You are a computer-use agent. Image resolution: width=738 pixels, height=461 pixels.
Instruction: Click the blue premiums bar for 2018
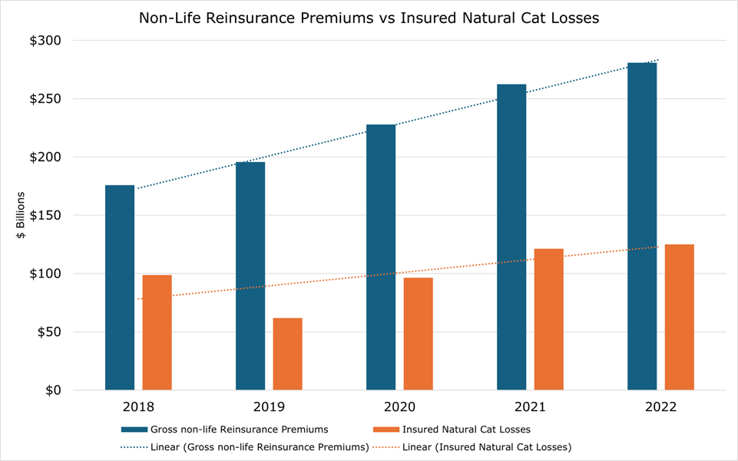pyautogui.click(x=120, y=287)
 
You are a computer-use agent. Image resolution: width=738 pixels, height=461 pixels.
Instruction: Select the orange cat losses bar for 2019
pyautogui.click(x=288, y=353)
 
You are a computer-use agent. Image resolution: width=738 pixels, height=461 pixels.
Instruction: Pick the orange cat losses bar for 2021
pyautogui.click(x=548, y=319)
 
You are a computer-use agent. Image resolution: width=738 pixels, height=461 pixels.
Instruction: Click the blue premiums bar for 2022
pyautogui.click(x=642, y=226)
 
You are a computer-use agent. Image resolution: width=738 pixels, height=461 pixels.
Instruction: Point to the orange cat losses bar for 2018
pyautogui.click(x=157, y=332)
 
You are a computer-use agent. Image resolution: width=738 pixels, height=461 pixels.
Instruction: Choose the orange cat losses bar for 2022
pyautogui.click(x=680, y=317)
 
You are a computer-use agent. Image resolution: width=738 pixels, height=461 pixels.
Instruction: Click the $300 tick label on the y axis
pyautogui.click(x=46, y=41)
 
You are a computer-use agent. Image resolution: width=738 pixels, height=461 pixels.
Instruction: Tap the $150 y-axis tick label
pyautogui.click(x=46, y=216)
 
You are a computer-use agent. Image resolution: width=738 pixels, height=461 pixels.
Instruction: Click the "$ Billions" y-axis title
pyautogui.click(x=22, y=216)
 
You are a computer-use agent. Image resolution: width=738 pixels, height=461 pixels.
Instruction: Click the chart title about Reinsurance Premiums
pyautogui.click(x=369, y=18)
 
